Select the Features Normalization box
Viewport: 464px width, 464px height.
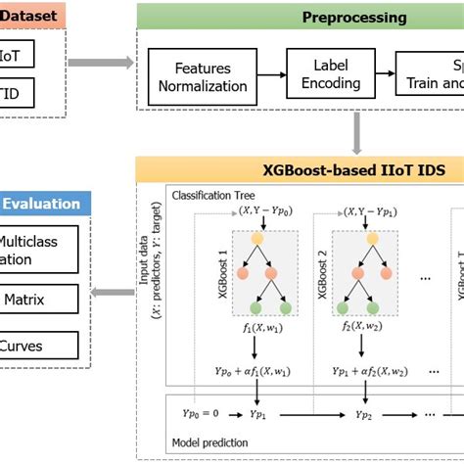point(210,77)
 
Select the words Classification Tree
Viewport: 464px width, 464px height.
point(208,196)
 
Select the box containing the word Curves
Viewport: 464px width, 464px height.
point(39,345)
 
